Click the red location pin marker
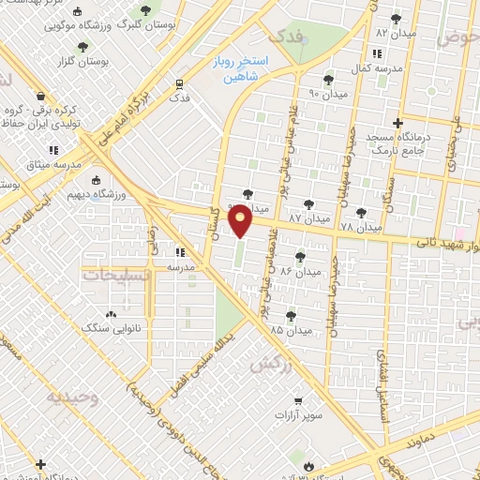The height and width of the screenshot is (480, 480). tap(241, 219)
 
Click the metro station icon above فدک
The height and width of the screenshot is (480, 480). tap(178, 82)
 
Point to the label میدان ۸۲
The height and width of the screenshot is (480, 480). tap(395, 32)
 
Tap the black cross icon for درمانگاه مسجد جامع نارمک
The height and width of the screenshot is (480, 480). tap(398, 123)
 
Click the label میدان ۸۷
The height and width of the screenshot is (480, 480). tap(307, 217)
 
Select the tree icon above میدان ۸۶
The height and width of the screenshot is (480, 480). tap(300, 256)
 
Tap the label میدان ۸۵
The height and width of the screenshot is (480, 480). tap(290, 330)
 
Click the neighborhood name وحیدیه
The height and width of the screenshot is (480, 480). tap(71, 397)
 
